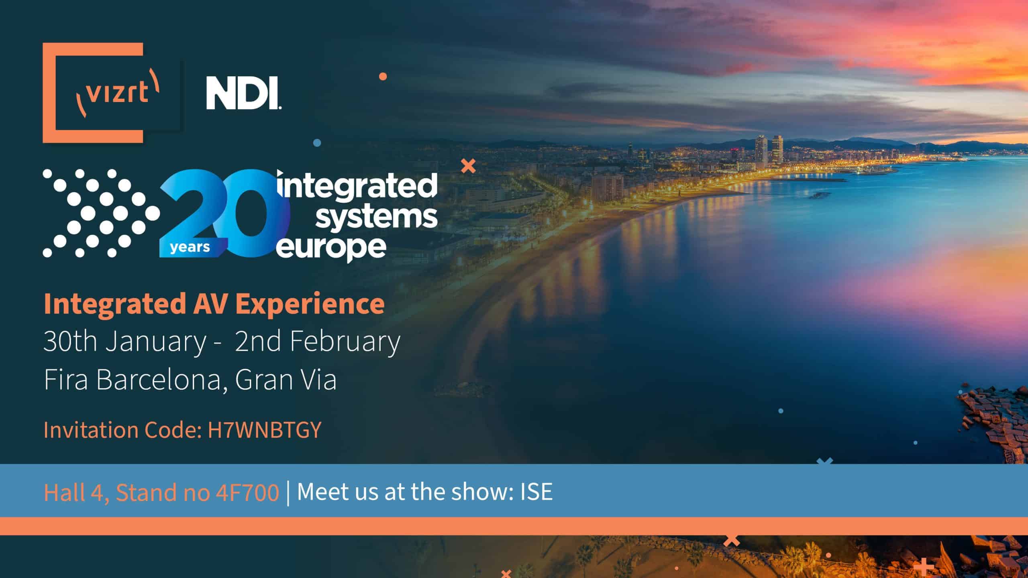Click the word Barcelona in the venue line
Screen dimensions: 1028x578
[159, 379]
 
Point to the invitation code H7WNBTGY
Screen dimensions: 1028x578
[265, 430]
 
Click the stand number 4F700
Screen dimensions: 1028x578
[247, 492]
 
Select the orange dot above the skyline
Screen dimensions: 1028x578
[383, 76]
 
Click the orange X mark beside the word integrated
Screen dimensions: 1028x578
[468, 166]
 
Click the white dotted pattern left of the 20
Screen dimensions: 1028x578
[100, 213]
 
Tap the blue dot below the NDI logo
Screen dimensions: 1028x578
[317, 143]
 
